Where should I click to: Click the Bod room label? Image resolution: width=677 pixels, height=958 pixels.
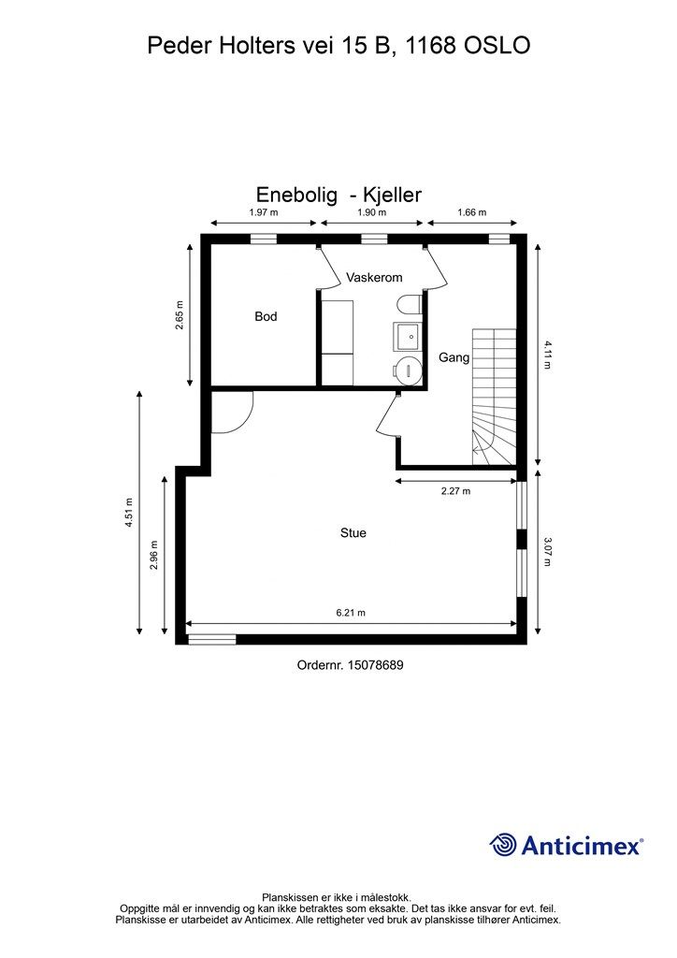click(x=266, y=316)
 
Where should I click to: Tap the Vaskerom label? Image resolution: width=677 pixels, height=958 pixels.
click(x=374, y=277)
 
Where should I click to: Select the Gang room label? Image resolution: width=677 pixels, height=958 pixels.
click(x=454, y=358)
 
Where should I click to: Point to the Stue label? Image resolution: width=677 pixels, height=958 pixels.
click(x=353, y=532)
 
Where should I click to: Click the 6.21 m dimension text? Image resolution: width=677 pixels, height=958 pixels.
click(x=351, y=613)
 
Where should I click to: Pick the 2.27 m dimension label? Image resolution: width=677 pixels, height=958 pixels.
click(x=456, y=490)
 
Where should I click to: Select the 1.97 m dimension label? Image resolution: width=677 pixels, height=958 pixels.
click(x=263, y=212)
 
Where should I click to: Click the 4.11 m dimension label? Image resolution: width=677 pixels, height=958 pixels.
click(x=547, y=355)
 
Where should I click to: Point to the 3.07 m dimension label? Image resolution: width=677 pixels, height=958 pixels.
click(x=547, y=552)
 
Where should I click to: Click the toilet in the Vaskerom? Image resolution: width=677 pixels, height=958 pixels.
click(x=408, y=305)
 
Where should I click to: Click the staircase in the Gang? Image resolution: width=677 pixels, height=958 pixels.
click(x=494, y=397)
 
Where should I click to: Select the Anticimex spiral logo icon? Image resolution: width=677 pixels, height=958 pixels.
click(x=503, y=845)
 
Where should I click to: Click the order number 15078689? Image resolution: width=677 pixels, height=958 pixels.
click(x=375, y=665)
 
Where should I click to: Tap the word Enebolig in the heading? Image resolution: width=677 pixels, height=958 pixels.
click(x=296, y=195)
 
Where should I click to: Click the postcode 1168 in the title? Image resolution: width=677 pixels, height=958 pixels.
click(x=430, y=45)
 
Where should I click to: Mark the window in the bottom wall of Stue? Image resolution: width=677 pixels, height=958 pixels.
click(x=212, y=640)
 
